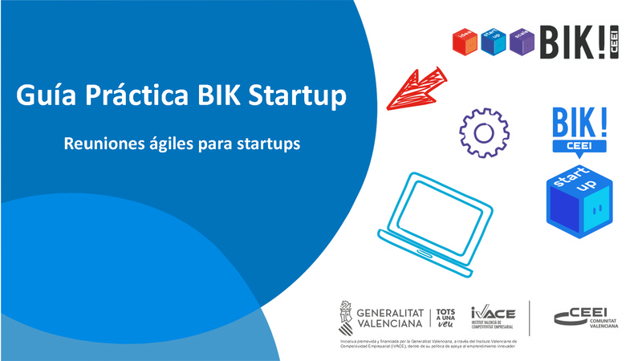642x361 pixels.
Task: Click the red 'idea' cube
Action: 465,41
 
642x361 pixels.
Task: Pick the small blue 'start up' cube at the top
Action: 492,41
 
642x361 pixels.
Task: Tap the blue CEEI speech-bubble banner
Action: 579,146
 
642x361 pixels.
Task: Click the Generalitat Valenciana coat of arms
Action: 345,318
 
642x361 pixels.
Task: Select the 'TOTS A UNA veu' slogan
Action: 447,318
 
